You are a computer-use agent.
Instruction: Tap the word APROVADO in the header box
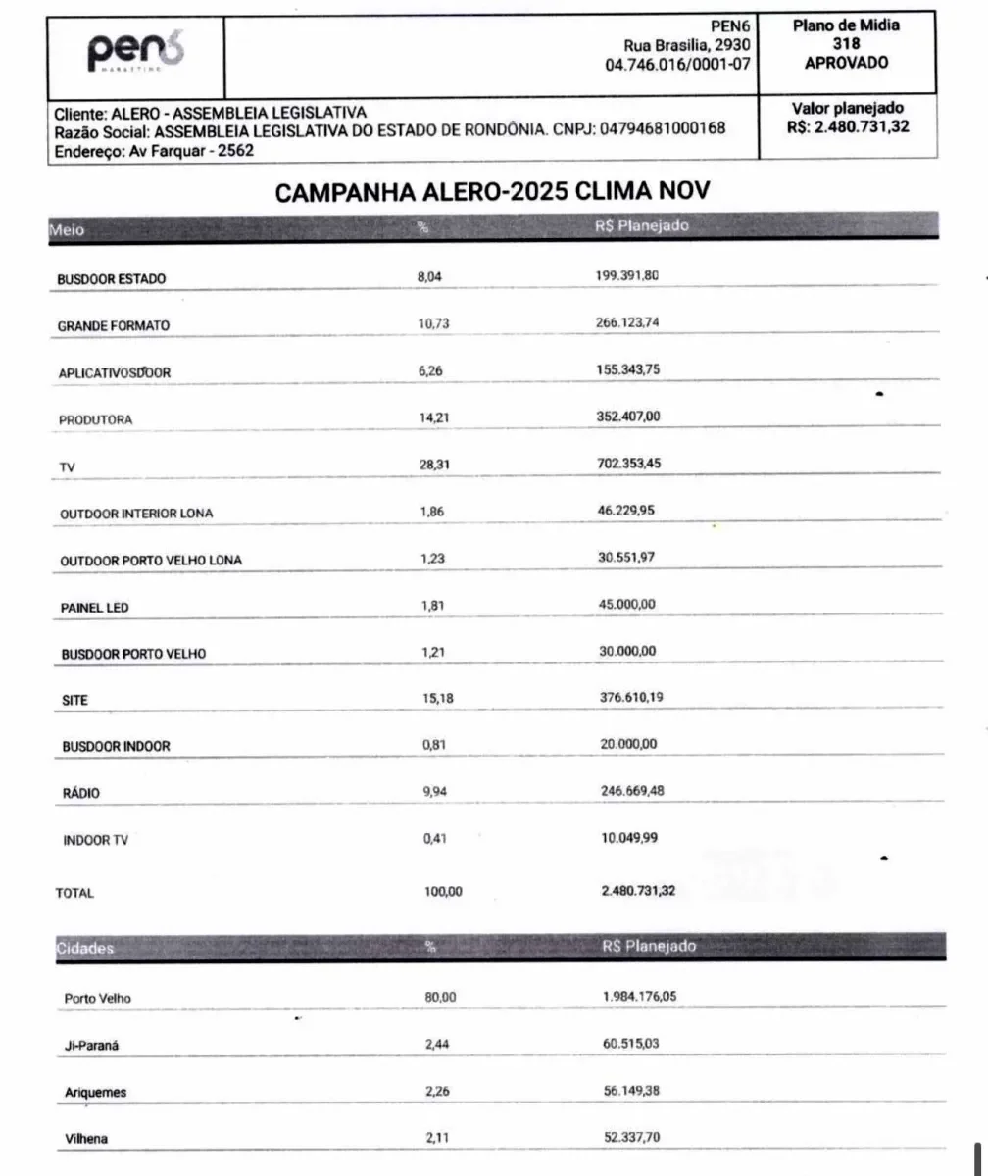(846, 62)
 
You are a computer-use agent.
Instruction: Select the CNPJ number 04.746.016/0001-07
(678, 64)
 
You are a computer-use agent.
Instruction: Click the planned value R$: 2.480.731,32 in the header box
(846, 125)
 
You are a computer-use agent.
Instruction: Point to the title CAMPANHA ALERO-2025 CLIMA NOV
(492, 192)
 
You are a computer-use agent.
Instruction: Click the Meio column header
(68, 229)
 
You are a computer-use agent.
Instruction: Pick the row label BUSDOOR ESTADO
(112, 279)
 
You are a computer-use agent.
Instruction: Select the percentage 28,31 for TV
(434, 465)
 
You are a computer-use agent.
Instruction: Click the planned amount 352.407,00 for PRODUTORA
(628, 416)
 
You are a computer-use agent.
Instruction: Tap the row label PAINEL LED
(95, 608)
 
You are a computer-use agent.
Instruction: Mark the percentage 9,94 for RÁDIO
(432, 791)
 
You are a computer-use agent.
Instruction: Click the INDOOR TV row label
(95, 840)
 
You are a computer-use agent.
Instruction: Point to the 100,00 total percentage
(442, 891)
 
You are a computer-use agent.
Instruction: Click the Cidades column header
(85, 948)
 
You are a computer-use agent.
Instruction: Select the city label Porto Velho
(97, 999)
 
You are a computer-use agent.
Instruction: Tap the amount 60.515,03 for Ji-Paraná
(631, 1044)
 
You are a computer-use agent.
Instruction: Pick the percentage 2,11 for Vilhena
(436, 1138)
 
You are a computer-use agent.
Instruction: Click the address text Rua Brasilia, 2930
(686, 45)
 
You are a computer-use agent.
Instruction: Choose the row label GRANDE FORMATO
(113, 325)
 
